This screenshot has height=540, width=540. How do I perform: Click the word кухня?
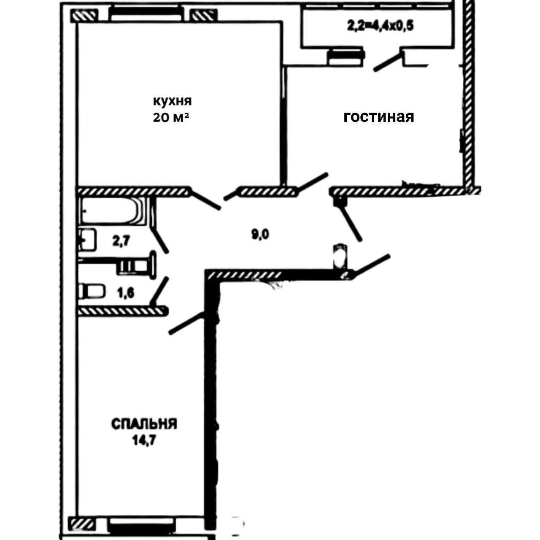(x=173, y=101)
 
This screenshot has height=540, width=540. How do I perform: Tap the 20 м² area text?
(x=171, y=117)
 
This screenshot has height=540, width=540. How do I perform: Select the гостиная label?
(x=378, y=117)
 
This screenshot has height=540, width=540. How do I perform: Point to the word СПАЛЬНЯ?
(x=144, y=424)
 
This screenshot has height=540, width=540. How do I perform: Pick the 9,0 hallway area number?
(x=260, y=234)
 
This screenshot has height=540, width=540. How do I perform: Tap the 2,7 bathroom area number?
(x=121, y=241)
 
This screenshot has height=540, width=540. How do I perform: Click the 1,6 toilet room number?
(x=126, y=293)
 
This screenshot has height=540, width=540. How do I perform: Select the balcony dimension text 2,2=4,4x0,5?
(x=381, y=26)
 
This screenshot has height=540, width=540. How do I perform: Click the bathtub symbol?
(x=112, y=211)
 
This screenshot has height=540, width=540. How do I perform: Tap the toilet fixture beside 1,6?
(x=92, y=292)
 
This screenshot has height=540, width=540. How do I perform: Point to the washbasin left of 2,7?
(x=87, y=240)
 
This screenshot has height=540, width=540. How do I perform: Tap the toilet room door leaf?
(x=159, y=291)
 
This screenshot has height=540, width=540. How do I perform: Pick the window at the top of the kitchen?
(x=145, y=14)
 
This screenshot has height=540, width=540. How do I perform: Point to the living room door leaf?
(x=312, y=182)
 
